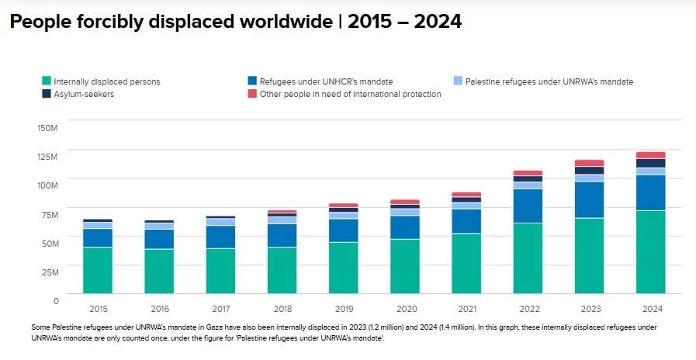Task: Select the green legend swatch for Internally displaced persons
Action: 47,81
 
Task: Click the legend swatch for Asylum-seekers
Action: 47,94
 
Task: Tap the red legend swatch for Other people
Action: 252,94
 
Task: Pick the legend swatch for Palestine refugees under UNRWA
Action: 458,81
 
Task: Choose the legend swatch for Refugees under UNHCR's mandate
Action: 252,81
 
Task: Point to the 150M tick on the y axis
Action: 47,127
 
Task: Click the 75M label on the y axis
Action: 49,214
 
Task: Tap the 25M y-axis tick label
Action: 49,272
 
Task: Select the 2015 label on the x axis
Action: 99,308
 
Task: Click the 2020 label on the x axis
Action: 405,308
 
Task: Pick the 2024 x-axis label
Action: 650,308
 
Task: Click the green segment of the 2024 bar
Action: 650,252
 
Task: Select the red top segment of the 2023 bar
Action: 589,163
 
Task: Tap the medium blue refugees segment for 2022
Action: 528,206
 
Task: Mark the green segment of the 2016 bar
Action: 160,272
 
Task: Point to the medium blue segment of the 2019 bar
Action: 344,230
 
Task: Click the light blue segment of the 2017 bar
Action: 221,222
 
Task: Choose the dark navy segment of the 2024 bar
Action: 650,163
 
